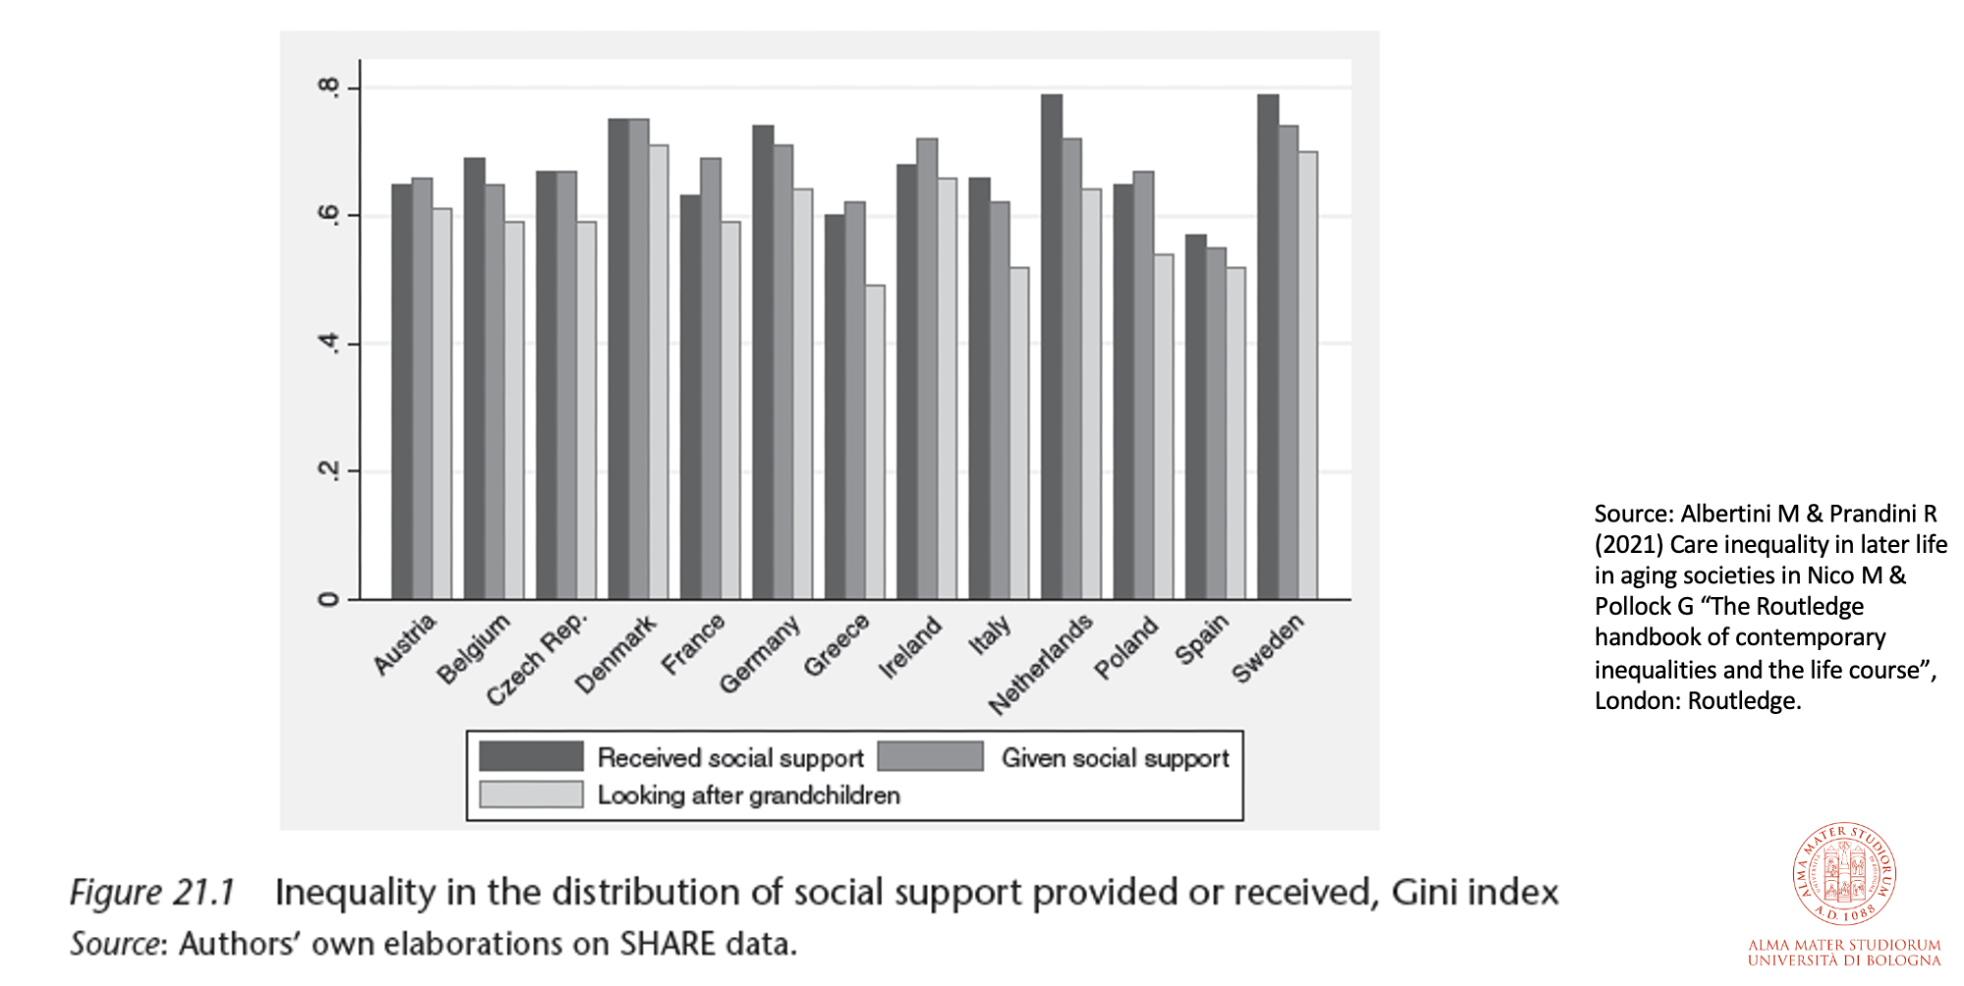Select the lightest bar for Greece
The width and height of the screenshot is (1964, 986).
click(x=874, y=442)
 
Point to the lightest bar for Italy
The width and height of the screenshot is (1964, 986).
click(x=1018, y=433)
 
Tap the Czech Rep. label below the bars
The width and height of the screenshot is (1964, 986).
click(x=537, y=658)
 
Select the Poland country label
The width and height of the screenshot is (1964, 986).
click(x=1126, y=648)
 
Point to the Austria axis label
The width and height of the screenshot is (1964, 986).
click(x=405, y=644)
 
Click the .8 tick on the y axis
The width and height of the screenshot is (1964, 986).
click(x=329, y=87)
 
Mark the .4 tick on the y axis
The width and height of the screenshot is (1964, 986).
click(x=329, y=344)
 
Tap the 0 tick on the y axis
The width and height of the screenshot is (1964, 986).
click(x=329, y=599)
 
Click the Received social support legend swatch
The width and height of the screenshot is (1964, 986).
click(x=531, y=756)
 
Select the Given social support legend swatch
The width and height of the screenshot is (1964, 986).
click(x=930, y=756)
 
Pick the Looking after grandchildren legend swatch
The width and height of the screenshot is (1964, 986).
click(x=531, y=794)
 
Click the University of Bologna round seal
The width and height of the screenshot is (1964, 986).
click(x=1844, y=873)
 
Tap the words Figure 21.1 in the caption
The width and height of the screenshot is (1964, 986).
click(x=152, y=892)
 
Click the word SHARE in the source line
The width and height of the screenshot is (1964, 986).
click(x=667, y=944)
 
